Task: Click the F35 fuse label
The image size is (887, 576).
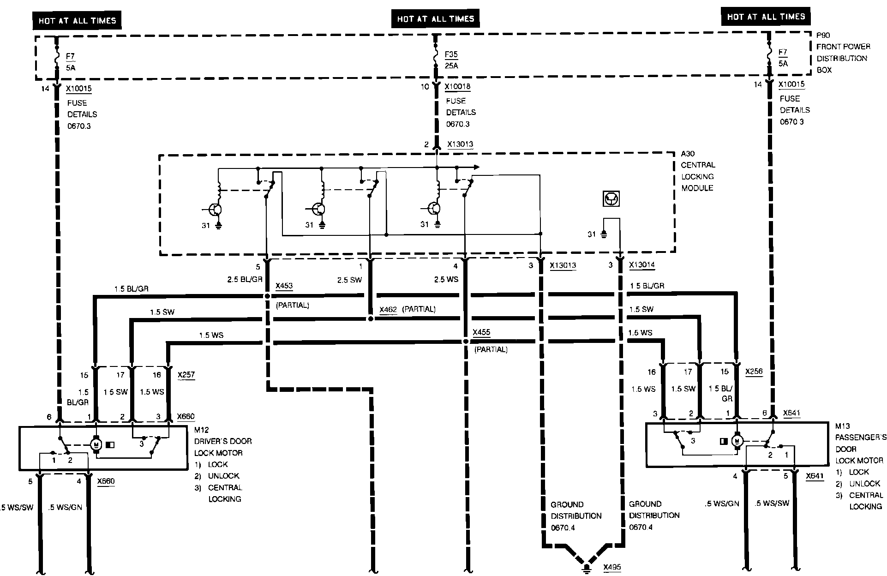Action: (451, 54)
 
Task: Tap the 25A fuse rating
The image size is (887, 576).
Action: (451, 66)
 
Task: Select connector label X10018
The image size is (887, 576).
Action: (458, 86)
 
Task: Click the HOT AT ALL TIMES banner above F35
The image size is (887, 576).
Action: (436, 19)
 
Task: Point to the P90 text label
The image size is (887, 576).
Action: (823, 35)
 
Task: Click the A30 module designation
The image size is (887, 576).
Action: (688, 154)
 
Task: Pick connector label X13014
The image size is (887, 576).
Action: (641, 265)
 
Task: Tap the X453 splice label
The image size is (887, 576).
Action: (284, 286)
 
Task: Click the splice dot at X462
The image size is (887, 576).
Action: (370, 318)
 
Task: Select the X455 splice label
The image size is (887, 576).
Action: (481, 332)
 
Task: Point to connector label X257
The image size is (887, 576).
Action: (186, 375)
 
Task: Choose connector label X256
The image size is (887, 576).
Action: (754, 372)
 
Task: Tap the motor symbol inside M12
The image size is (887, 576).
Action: (96, 444)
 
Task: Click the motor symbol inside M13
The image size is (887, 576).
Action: (737, 441)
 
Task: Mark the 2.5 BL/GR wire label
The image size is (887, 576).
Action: (245, 279)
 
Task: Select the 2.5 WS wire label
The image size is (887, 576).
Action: (446, 279)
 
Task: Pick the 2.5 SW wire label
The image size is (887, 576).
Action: (349, 279)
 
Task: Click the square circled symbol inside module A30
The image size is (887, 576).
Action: (611, 199)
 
